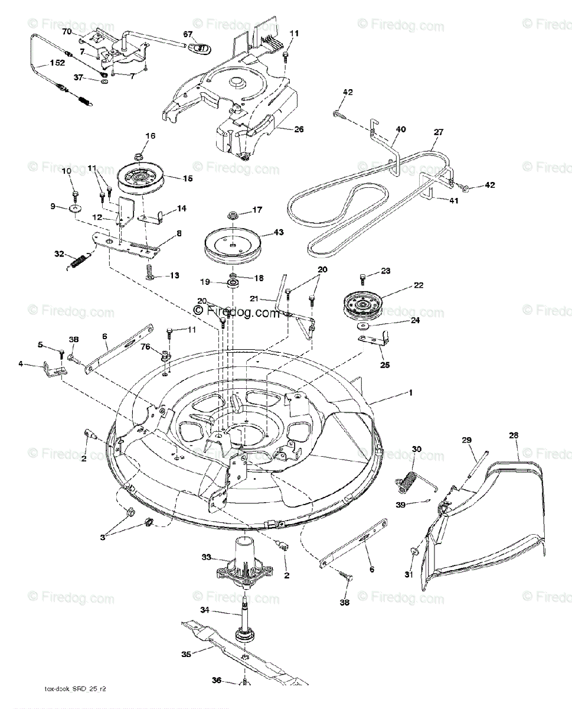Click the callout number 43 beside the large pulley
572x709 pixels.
[x=278, y=233]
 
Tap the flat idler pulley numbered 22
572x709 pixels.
[x=361, y=305]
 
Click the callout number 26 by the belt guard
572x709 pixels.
[x=299, y=129]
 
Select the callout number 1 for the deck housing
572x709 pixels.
[x=411, y=392]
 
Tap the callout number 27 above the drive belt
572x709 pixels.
[x=437, y=133]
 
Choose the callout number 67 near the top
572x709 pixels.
[x=187, y=35]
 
